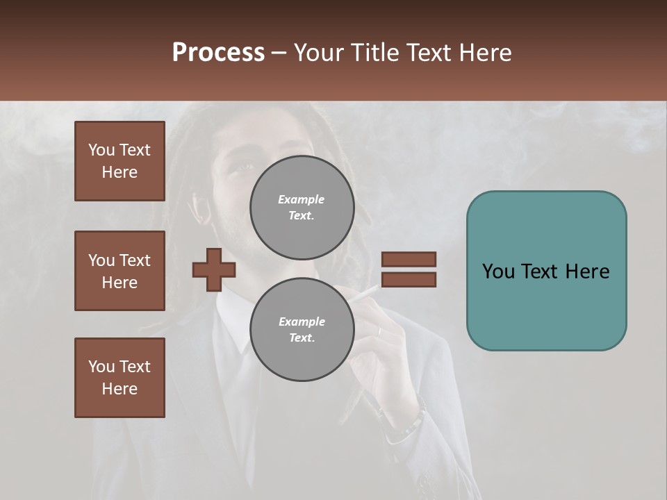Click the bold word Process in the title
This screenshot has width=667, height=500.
(218, 53)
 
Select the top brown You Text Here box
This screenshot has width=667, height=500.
(120, 161)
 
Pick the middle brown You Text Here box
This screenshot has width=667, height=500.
(120, 271)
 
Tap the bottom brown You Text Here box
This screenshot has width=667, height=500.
(120, 378)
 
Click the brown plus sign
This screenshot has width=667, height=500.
(214, 269)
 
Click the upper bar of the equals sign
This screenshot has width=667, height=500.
(409, 259)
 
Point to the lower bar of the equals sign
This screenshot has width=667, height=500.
(409, 280)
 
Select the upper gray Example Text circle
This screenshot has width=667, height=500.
(302, 207)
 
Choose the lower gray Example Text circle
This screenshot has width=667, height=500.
(302, 329)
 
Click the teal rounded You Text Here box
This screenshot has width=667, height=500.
(546, 271)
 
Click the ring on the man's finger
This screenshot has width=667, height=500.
(379, 331)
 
